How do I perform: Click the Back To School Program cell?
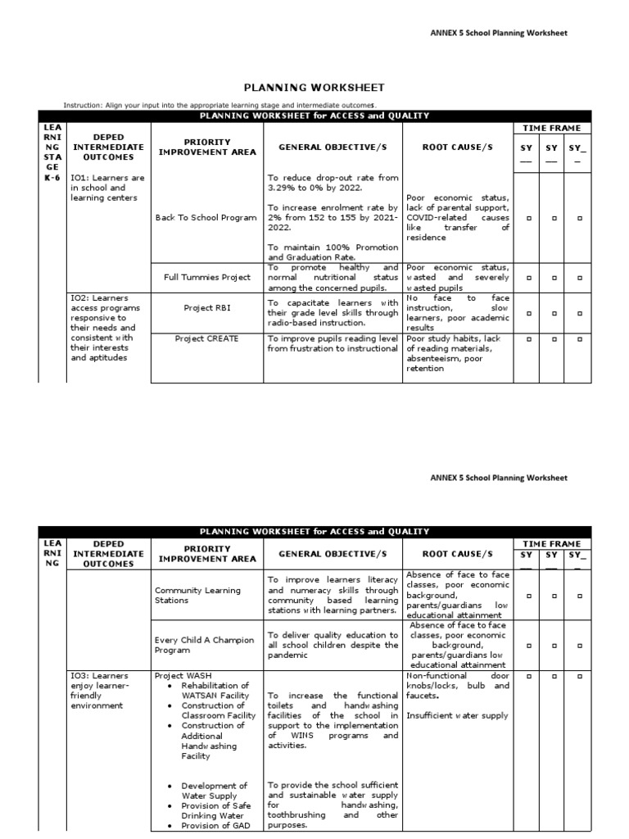(x=206, y=218)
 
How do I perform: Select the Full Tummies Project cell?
(x=206, y=278)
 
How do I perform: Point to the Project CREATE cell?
(x=206, y=339)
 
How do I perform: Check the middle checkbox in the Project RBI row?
(x=554, y=312)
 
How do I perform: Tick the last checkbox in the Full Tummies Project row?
(x=580, y=278)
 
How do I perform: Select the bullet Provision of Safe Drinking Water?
(x=215, y=811)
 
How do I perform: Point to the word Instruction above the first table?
(x=84, y=105)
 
